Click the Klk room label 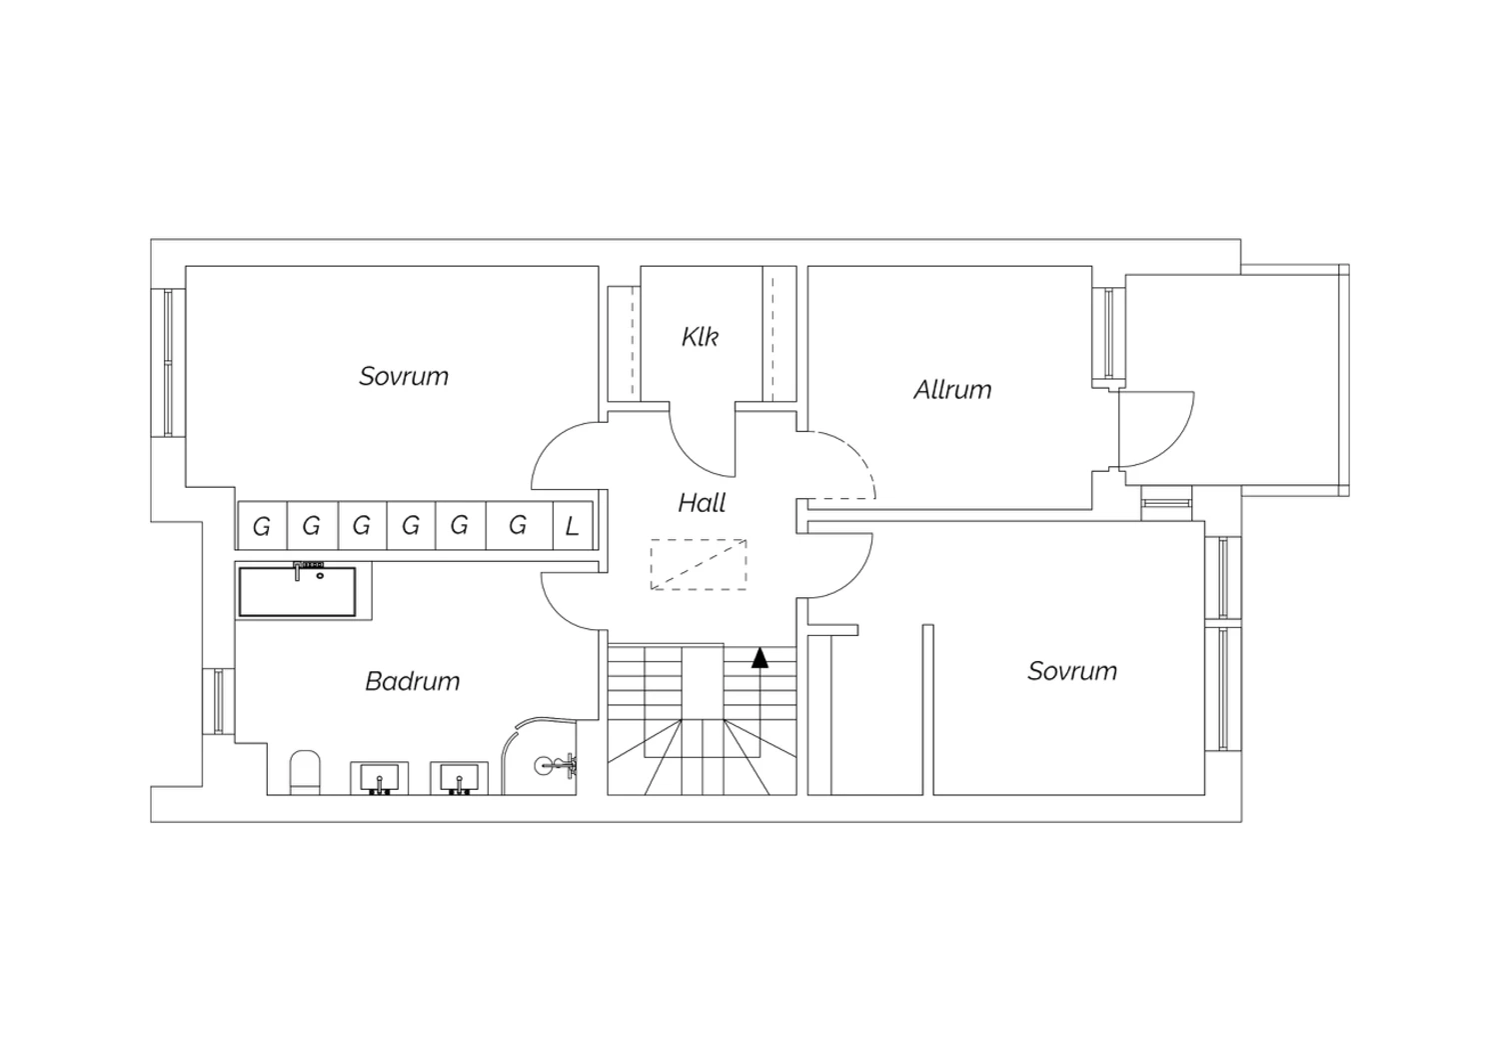[700, 337]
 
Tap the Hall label [702, 503]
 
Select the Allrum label [952, 390]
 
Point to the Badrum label [412, 682]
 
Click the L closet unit [573, 526]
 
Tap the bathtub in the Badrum [297, 591]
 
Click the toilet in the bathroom [305, 772]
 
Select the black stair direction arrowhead [759, 658]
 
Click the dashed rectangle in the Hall [698, 564]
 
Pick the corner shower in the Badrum [540, 757]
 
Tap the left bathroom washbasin [380, 778]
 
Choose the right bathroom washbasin [459, 778]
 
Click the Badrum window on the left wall [219, 701]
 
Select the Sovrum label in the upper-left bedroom [404, 376]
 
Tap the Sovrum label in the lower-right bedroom [1072, 671]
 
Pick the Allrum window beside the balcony [1109, 333]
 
